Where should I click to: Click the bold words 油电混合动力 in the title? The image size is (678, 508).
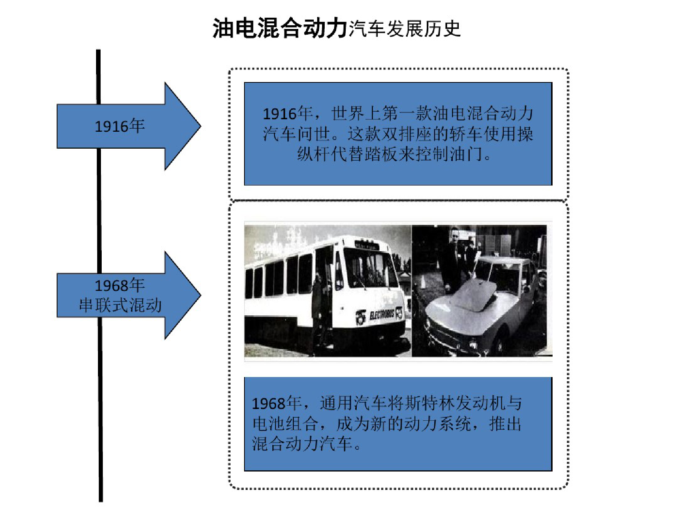pyautogui.click(x=279, y=28)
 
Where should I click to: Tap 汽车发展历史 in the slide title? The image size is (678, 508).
pyautogui.click(x=405, y=29)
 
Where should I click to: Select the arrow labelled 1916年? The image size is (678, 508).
pyautogui.click(x=128, y=126)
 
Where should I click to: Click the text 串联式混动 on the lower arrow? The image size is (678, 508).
pyautogui.click(x=120, y=305)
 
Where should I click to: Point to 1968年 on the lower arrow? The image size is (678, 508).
pyautogui.click(x=119, y=286)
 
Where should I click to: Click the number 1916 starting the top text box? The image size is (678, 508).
pyautogui.click(x=280, y=114)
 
